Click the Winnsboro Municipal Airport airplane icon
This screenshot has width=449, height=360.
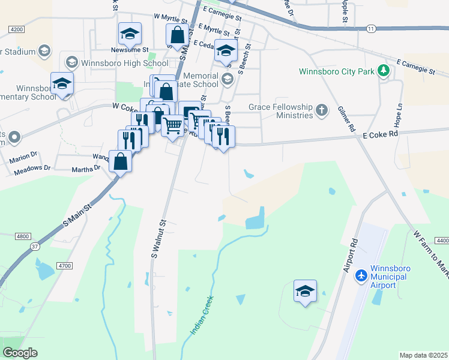pos(361,275)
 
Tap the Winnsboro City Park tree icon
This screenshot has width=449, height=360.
pos(383,72)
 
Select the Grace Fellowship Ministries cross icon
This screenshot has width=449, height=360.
pos(322,111)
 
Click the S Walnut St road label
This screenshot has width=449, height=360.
pos(158,239)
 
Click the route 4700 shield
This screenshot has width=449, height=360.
pos(64,265)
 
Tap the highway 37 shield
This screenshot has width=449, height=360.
pos(35,247)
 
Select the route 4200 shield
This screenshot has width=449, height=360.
pos(17,29)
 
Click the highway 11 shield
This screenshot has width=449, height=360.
pos(371,28)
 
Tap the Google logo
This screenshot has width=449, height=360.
pos(20,353)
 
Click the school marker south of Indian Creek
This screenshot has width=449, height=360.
pos(305,292)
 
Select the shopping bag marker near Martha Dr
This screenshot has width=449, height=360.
pos(121,161)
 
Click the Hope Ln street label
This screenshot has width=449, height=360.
pos(398,109)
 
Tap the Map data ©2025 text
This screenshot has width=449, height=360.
pos(423,355)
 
